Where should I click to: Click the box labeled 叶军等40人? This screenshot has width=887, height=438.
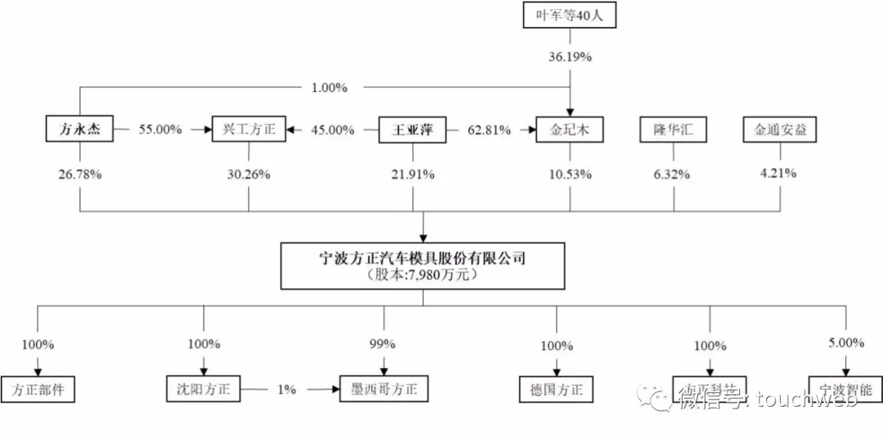569,16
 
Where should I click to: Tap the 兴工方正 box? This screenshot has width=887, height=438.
249,130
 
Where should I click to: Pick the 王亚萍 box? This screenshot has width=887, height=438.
412,130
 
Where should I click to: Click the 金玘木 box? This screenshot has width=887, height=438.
569,130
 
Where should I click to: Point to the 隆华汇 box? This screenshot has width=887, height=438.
673,130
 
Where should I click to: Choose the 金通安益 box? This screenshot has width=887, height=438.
780,130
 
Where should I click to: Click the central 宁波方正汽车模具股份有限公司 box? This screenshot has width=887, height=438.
423,265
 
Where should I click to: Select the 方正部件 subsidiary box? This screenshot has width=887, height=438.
39,389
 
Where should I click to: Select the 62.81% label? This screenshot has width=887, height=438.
489,130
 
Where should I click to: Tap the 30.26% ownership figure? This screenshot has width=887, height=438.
249,174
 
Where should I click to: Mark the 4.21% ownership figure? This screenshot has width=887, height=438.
780,174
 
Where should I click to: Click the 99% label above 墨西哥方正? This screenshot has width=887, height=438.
384,344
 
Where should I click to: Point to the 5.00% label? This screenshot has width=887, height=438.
846,343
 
